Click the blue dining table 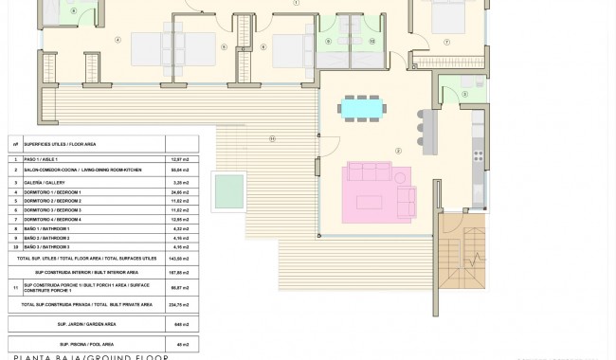pyautogui.click(x=363, y=109)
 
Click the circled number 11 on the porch pyautogui.click(x=272, y=139)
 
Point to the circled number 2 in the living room pyautogui.click(x=398, y=151)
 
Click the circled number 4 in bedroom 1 pyautogui.click(x=118, y=40)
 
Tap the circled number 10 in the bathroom pyautogui.click(x=371, y=42)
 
